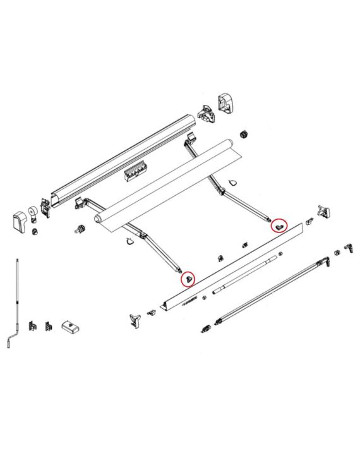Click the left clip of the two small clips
(35, 324)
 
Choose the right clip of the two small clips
(48, 324)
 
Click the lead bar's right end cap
(323, 212)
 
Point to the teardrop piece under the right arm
(231, 183)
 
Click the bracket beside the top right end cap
(205, 114)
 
